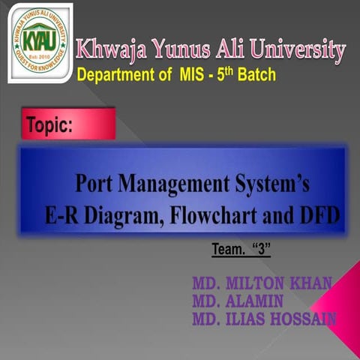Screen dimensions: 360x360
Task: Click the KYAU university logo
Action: tap(40, 43)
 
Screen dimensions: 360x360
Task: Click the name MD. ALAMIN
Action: tap(236, 301)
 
